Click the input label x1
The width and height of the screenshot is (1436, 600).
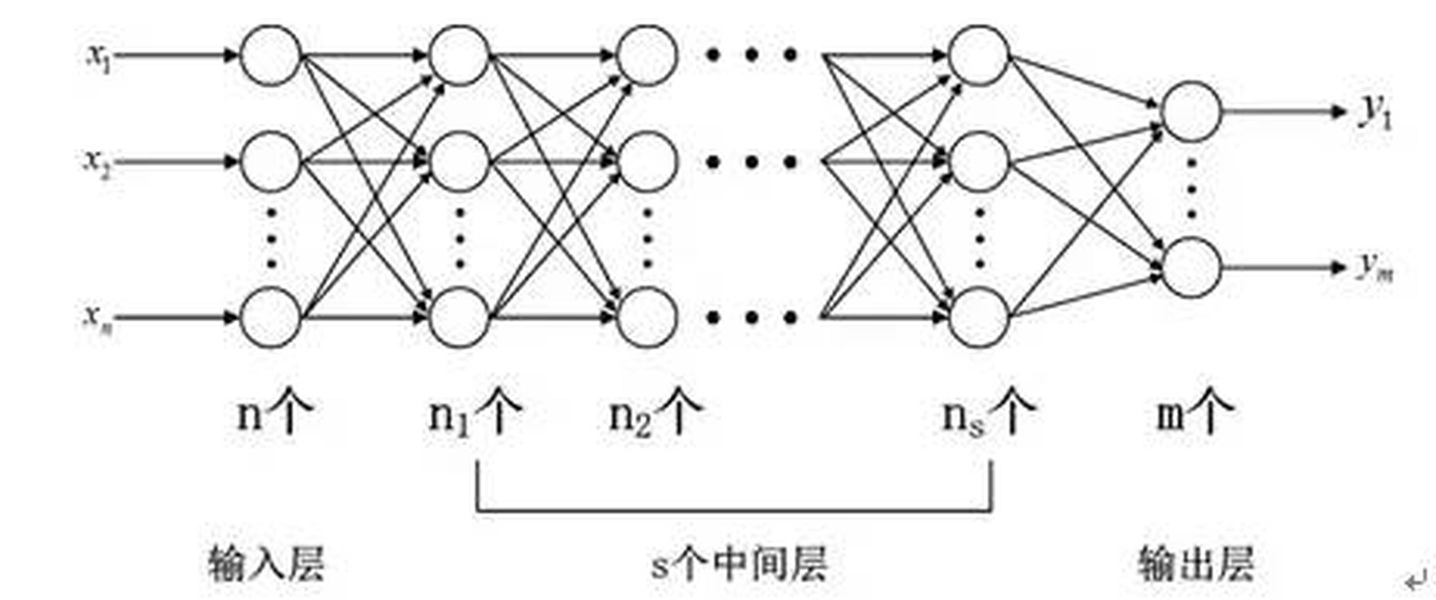coord(98,58)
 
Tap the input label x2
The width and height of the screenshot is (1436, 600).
coord(97,164)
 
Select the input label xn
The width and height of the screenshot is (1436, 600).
coord(98,319)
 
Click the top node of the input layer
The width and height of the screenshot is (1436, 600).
coord(271,56)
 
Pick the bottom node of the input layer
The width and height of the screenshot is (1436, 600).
coord(271,317)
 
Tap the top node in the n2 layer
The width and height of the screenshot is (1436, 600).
coord(647,56)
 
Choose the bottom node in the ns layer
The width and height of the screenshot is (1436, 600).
coord(980,317)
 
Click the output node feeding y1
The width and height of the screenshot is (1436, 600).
coord(1191,111)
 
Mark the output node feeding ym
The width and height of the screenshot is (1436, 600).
coord(1191,267)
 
